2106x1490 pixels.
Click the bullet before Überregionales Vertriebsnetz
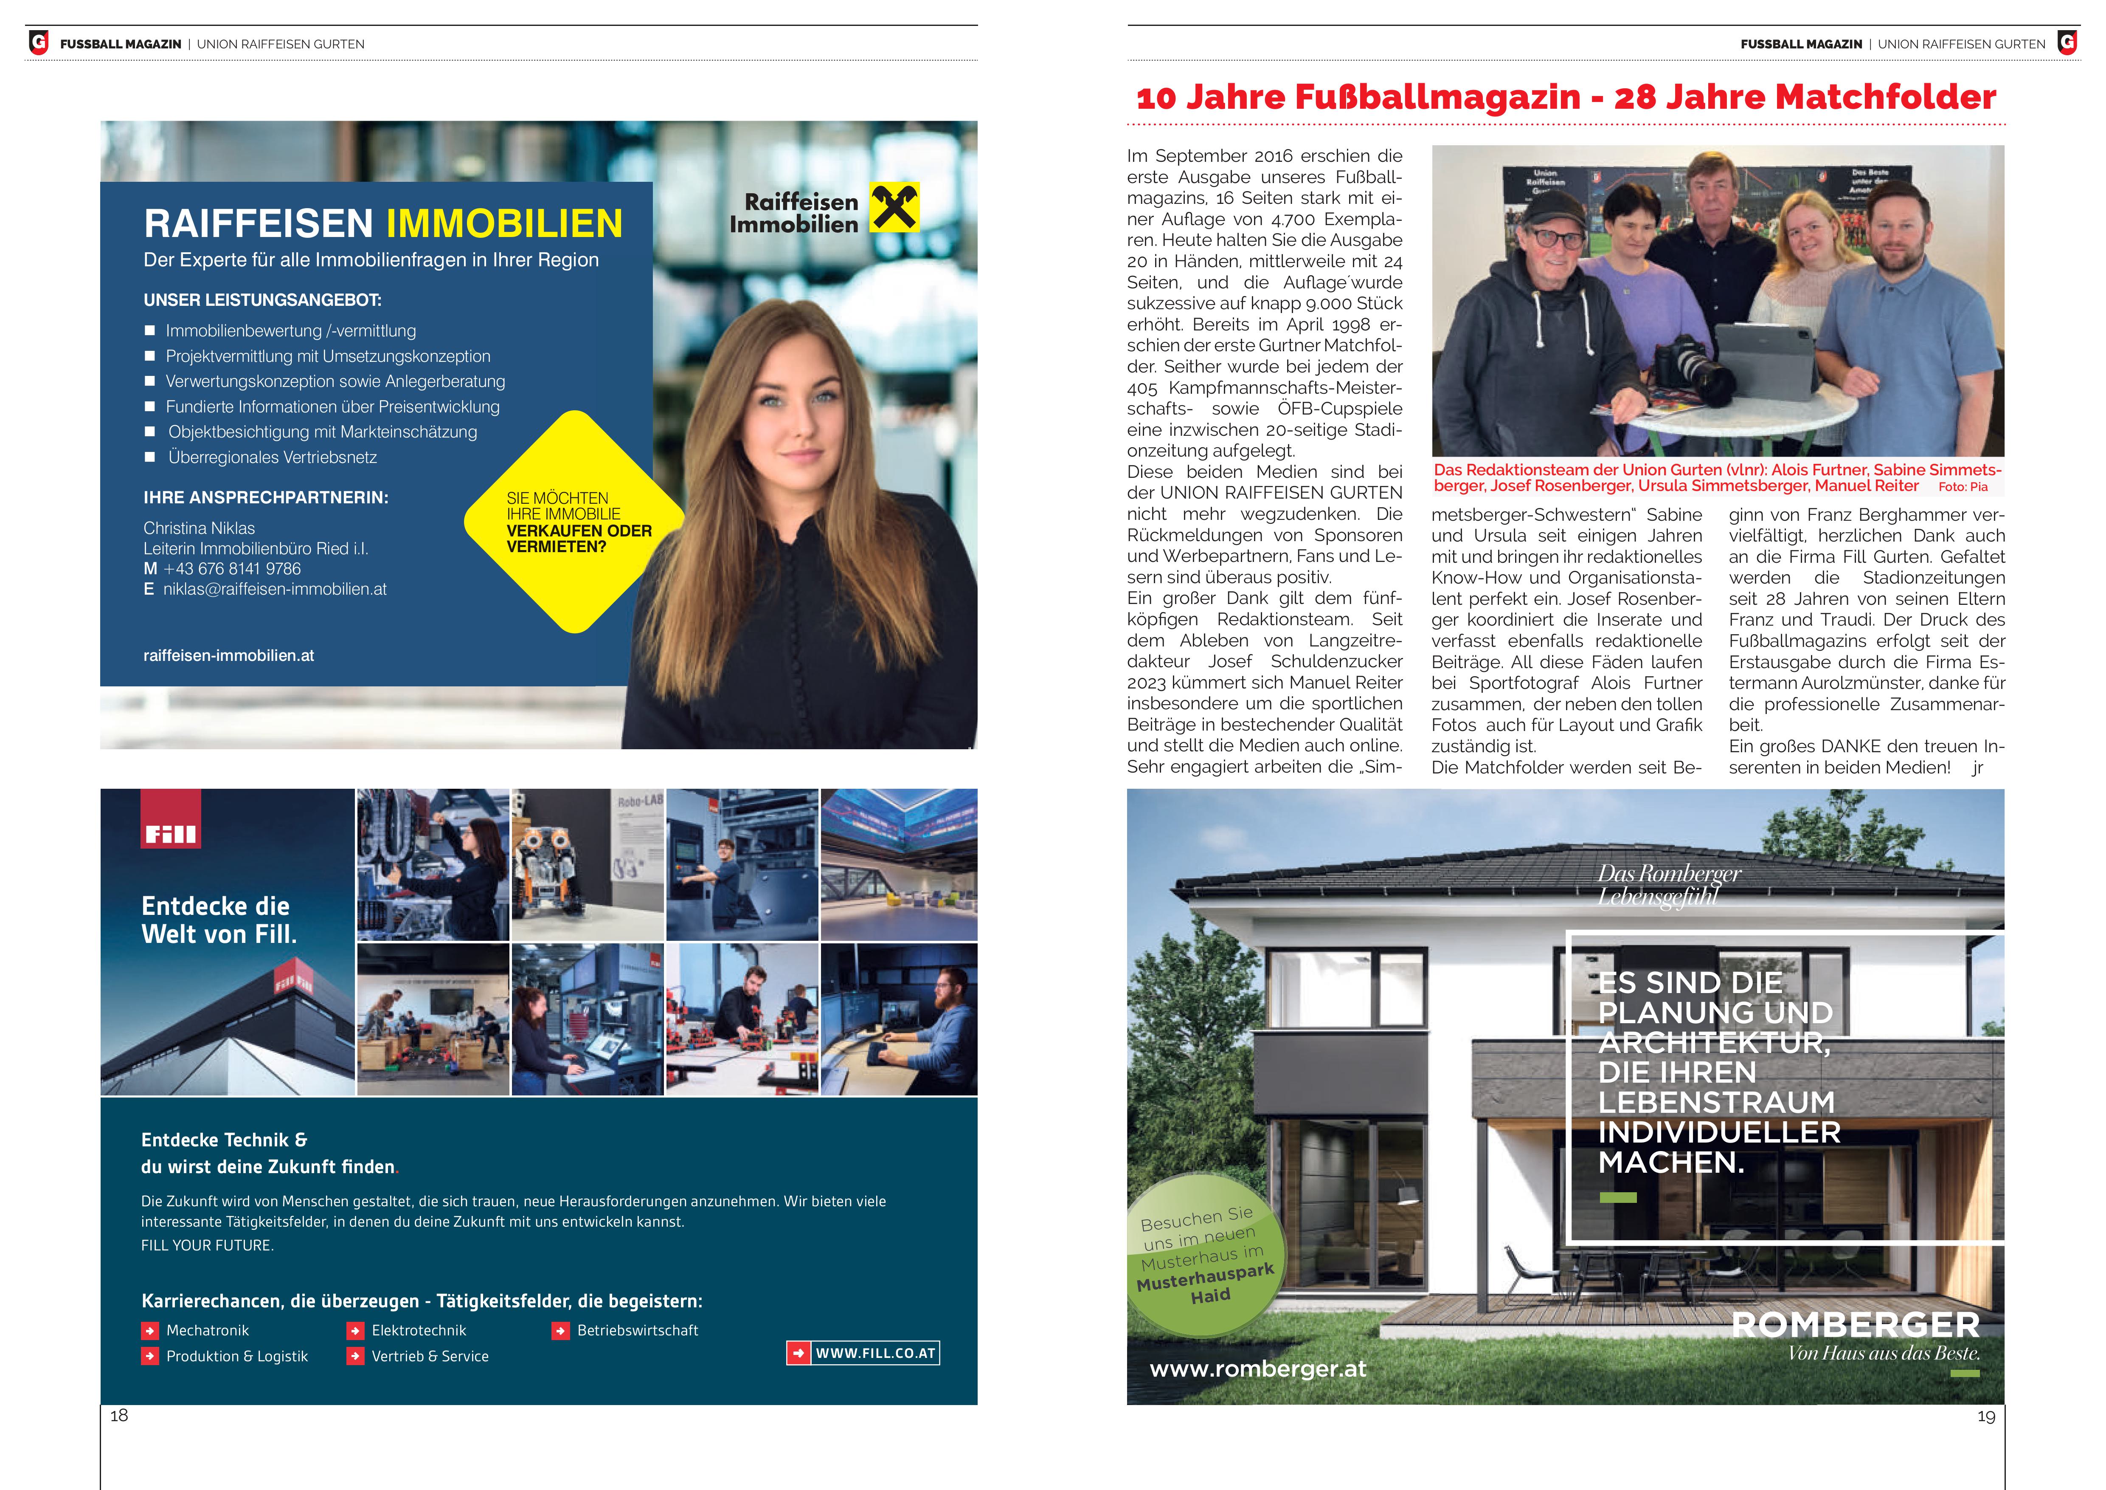[150, 457]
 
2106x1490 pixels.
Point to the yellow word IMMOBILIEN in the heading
[504, 224]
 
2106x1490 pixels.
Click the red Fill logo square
[171, 818]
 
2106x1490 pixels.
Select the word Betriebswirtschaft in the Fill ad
[638, 1330]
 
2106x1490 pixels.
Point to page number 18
[119, 1416]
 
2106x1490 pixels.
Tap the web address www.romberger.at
[1257, 1369]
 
